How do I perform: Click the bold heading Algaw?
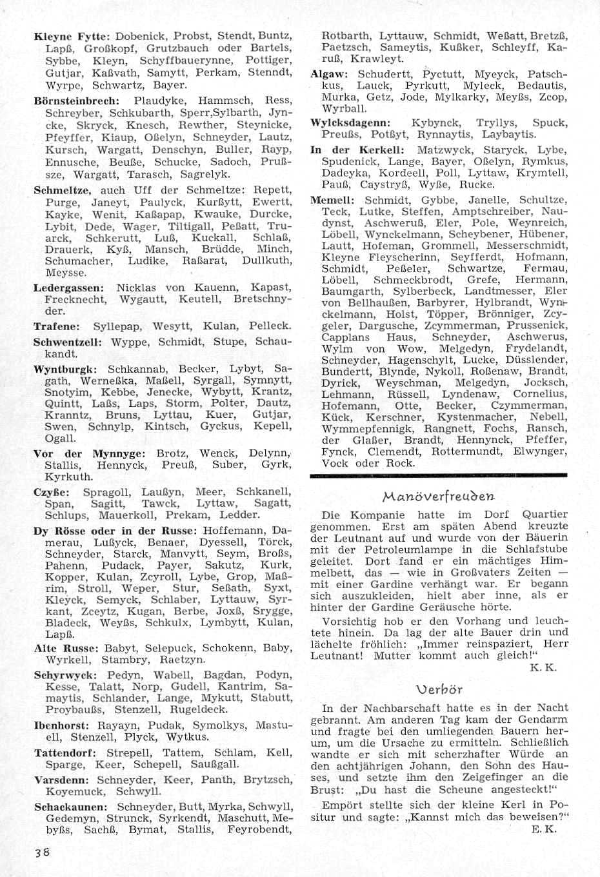[330, 74]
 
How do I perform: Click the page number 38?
[43, 851]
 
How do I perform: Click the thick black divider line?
[439, 475]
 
